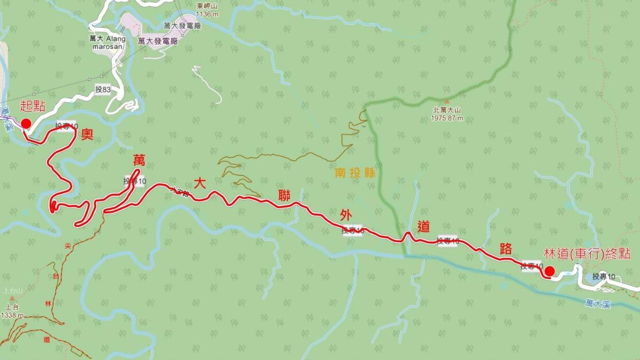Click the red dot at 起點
25,124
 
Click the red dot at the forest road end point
548,271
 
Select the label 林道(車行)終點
587,254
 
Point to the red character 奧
87,134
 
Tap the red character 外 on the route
346,214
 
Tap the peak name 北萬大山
447,111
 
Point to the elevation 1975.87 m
447,118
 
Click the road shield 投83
103,90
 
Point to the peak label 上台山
11,291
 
